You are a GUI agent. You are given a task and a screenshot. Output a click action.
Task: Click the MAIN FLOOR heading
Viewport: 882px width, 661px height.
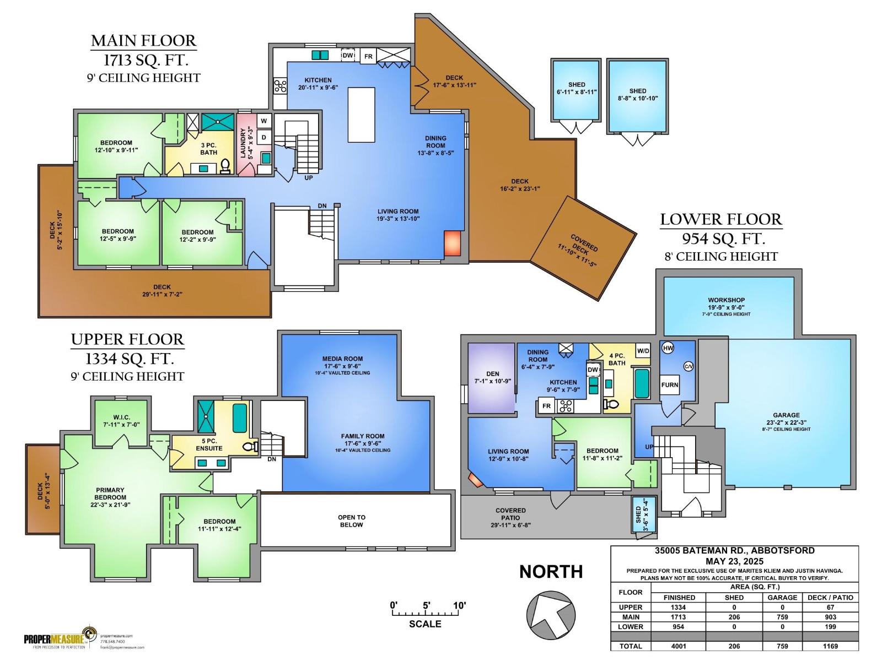[x=143, y=41]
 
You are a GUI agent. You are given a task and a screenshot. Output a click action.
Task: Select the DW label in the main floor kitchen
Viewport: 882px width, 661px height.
[x=348, y=56]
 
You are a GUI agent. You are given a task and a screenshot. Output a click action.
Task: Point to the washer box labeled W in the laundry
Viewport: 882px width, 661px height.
[x=263, y=121]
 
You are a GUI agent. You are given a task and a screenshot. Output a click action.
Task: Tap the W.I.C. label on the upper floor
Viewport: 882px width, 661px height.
[x=121, y=417]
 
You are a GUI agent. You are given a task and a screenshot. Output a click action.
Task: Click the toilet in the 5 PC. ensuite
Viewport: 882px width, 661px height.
[x=251, y=447]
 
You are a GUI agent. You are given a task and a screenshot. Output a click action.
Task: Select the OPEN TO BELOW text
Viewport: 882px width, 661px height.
[x=352, y=521]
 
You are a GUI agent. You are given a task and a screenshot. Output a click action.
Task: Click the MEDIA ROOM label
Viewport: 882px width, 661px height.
[x=342, y=359]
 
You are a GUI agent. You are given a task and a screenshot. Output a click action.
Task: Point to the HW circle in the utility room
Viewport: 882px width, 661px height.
[x=668, y=348]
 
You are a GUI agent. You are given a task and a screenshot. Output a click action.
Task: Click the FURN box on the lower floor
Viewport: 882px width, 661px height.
[x=670, y=385]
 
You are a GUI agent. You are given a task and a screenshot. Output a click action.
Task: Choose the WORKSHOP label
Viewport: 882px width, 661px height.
[x=727, y=300]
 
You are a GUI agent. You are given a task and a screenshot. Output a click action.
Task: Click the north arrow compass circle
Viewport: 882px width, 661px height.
[x=551, y=615]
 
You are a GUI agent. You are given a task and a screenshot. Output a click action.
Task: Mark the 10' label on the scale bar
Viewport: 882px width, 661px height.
[x=459, y=605]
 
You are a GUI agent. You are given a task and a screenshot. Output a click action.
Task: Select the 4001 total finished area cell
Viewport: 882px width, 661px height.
[x=679, y=646]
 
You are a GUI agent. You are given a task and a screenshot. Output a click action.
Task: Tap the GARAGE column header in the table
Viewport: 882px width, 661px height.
[x=782, y=597]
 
